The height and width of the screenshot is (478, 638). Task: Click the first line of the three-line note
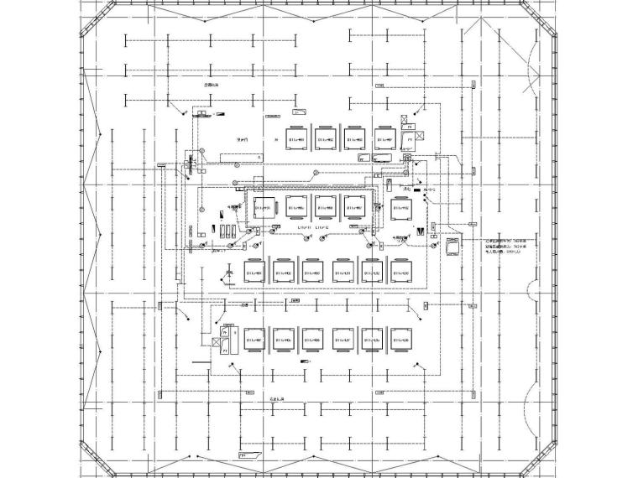tap(509, 238)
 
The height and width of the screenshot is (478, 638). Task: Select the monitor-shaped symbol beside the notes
tap(454, 247)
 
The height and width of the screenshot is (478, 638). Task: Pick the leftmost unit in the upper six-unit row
tap(255, 273)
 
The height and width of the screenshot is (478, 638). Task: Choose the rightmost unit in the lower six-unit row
tap(401, 340)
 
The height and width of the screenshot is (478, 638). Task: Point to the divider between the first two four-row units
tap(311, 138)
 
